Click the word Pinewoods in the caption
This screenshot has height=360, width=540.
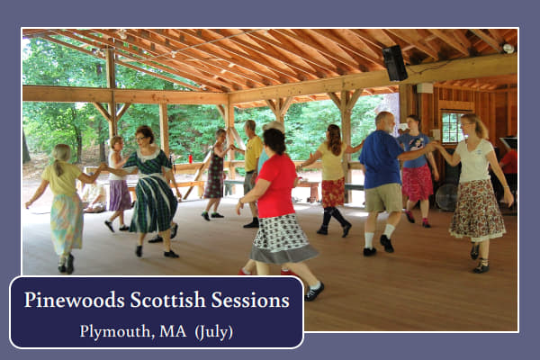75,300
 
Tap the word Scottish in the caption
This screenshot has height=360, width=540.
167,300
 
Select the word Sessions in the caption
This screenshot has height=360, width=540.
250,300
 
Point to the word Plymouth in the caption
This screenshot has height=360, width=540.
117,332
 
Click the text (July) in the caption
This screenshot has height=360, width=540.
214,332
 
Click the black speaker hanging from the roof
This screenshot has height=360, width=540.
395,63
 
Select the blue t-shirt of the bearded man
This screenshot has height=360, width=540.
382,159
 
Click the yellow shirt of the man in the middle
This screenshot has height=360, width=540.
253,154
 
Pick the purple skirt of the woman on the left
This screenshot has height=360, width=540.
120,195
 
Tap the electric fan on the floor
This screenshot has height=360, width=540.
446,197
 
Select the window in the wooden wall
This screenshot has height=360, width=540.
452,128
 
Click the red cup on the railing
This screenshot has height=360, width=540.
190,159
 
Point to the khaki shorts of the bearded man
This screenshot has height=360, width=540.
383,198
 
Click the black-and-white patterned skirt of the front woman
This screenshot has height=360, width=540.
281,238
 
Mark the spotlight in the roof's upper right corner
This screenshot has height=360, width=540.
508,49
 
